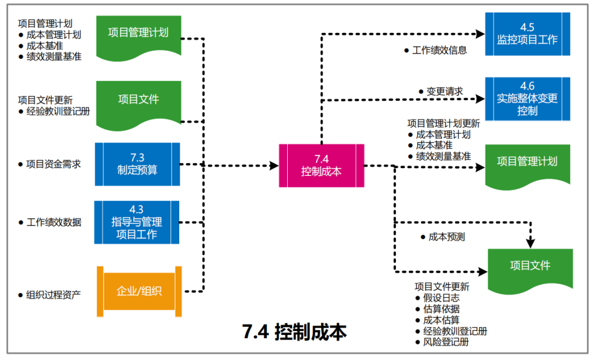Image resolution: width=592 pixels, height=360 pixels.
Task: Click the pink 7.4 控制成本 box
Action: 321,165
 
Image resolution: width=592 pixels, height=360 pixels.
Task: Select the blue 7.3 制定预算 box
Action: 138,164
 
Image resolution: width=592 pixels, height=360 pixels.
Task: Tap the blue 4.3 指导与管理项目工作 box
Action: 137,222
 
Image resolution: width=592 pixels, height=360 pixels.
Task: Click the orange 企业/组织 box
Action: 139,291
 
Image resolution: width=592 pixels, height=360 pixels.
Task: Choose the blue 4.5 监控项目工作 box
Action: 527,34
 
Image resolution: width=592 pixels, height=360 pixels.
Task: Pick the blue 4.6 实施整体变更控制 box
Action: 527,99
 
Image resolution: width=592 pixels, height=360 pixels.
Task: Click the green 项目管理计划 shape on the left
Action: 138,33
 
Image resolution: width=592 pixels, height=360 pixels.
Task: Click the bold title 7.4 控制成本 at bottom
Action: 294,332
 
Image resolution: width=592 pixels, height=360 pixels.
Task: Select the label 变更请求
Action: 445,92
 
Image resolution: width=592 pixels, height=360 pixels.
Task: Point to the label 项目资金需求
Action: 54,164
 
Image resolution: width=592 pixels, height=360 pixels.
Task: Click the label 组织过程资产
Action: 54,294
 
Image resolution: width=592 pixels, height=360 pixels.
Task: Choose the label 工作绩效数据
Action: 54,222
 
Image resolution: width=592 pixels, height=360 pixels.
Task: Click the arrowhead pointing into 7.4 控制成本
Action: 274,165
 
